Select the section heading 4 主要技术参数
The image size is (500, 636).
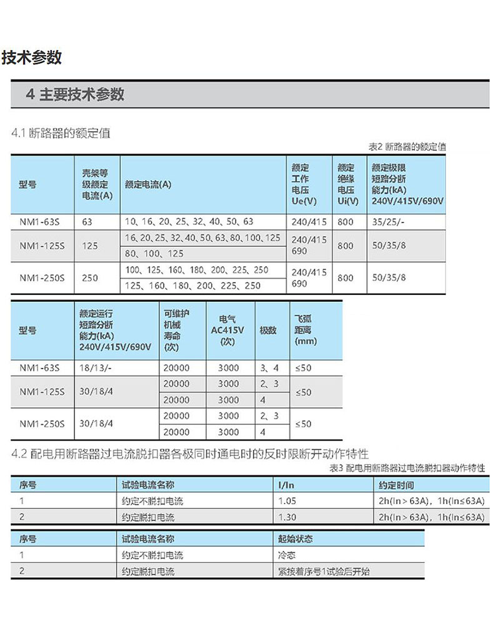[75, 94]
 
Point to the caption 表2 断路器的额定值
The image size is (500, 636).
[407, 147]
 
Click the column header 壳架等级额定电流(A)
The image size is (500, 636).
[95, 184]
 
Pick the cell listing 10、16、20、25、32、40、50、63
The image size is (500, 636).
[189, 222]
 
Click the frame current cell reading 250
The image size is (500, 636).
[90, 277]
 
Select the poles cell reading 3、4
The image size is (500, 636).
[269, 368]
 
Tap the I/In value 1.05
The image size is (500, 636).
[287, 501]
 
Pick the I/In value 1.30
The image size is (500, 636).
[287, 517]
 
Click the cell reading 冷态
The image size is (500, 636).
[286, 555]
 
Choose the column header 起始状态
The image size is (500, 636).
[295, 539]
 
